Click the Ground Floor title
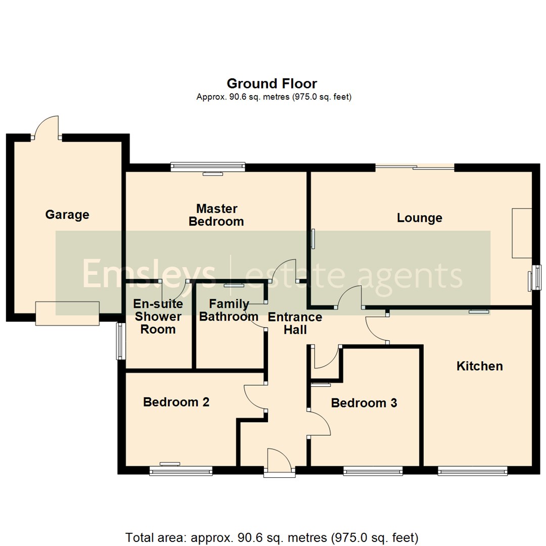click(x=271, y=83)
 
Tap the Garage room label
click(x=67, y=215)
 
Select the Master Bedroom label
click(x=216, y=215)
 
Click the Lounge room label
click(x=419, y=218)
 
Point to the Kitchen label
click(x=480, y=366)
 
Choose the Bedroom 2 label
click(x=176, y=402)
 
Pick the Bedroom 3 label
click(x=363, y=403)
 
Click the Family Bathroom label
click(x=229, y=310)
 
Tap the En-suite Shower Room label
click(x=157, y=317)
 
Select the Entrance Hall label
click(x=295, y=324)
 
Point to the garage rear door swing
click(x=47, y=126)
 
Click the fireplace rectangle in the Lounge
click(x=522, y=234)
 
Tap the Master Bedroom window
click(x=208, y=167)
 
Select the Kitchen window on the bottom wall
click(x=472, y=471)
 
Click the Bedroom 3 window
click(x=373, y=471)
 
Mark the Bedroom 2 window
click(x=181, y=471)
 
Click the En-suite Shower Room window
click(x=120, y=341)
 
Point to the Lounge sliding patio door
click(x=415, y=167)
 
